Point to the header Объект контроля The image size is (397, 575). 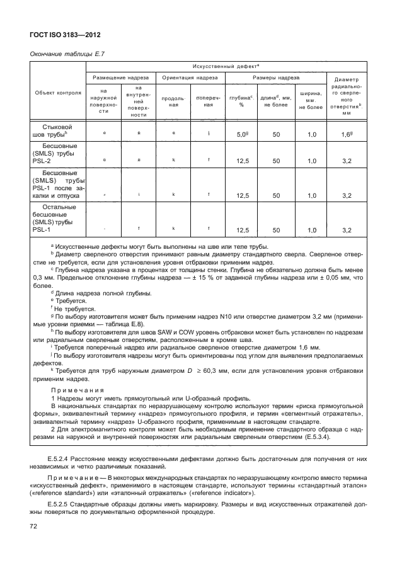(x=59, y=92)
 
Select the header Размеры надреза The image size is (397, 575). (x=275, y=77)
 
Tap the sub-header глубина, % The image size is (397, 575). (x=241, y=101)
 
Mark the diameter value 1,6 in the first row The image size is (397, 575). (x=346, y=135)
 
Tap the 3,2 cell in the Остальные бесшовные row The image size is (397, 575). (x=346, y=231)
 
